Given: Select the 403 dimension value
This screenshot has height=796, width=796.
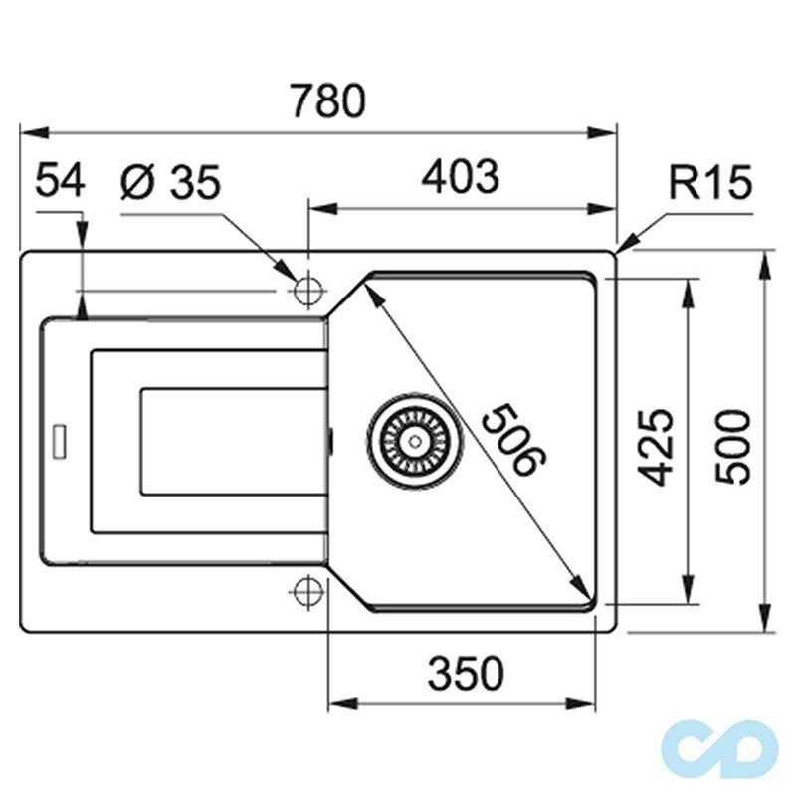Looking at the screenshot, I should click(x=460, y=178).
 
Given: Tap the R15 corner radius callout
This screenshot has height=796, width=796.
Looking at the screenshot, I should click(x=709, y=184).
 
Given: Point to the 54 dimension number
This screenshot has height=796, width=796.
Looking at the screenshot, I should click(x=61, y=182).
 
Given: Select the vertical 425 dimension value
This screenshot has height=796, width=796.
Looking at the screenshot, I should click(x=658, y=445).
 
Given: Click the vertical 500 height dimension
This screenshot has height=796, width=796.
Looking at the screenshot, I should click(x=734, y=445).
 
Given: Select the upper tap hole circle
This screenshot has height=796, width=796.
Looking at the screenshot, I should click(x=307, y=291).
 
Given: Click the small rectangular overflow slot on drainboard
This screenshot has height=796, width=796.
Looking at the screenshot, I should click(x=59, y=442).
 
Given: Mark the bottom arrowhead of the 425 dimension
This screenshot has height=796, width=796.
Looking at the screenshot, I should click(x=688, y=595).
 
